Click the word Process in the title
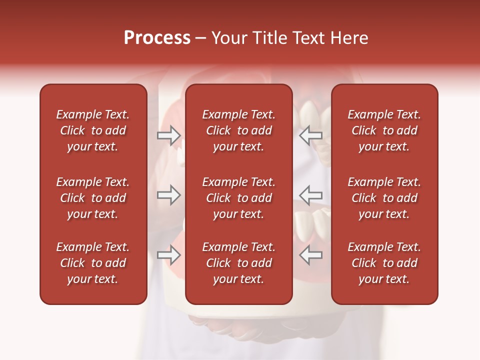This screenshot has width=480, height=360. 157,38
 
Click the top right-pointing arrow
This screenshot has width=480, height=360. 169,135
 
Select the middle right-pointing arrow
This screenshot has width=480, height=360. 169,194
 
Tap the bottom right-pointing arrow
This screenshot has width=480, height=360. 169,255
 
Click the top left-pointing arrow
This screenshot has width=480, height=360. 311,135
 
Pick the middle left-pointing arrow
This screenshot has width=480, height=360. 311,194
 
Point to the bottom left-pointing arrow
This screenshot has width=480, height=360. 311,255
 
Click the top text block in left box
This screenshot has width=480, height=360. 93,130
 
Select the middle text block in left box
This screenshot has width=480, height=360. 93,198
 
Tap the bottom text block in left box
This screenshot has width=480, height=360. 93,263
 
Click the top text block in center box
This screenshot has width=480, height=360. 238,130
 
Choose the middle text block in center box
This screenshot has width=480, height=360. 238,198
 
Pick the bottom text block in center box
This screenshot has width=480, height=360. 238,263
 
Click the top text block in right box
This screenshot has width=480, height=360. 384,130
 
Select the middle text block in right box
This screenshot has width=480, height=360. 384,198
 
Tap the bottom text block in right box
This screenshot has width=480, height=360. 384,263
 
